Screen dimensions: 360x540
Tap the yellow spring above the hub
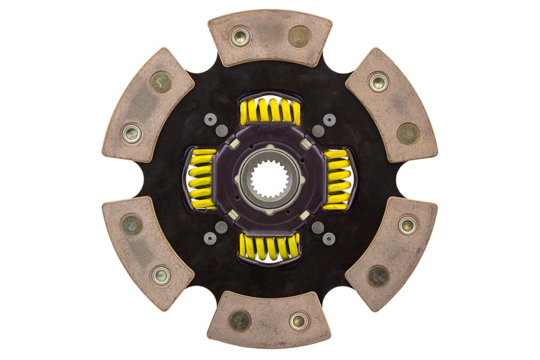[270, 111]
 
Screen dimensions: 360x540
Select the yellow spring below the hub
[270, 247]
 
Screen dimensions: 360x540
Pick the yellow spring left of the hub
[200, 179]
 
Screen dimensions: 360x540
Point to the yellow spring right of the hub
[337, 179]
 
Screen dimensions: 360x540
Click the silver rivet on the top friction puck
[240, 36]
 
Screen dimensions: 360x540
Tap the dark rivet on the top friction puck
[299, 36]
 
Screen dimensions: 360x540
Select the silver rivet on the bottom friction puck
[298, 321]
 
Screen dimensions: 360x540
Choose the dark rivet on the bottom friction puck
[240, 320]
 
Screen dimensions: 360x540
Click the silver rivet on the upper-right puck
[379, 82]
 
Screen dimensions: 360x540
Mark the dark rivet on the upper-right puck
[408, 133]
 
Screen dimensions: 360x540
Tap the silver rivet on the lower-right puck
[408, 224]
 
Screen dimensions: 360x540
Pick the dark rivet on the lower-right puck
[378, 275]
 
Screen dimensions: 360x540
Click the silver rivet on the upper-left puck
[132, 133]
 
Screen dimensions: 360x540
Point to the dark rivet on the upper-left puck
[161, 82]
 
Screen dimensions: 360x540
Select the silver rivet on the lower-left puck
[161, 275]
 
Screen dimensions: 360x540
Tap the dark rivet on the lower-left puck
[132, 225]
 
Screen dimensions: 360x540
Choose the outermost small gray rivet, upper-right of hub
[329, 120]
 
